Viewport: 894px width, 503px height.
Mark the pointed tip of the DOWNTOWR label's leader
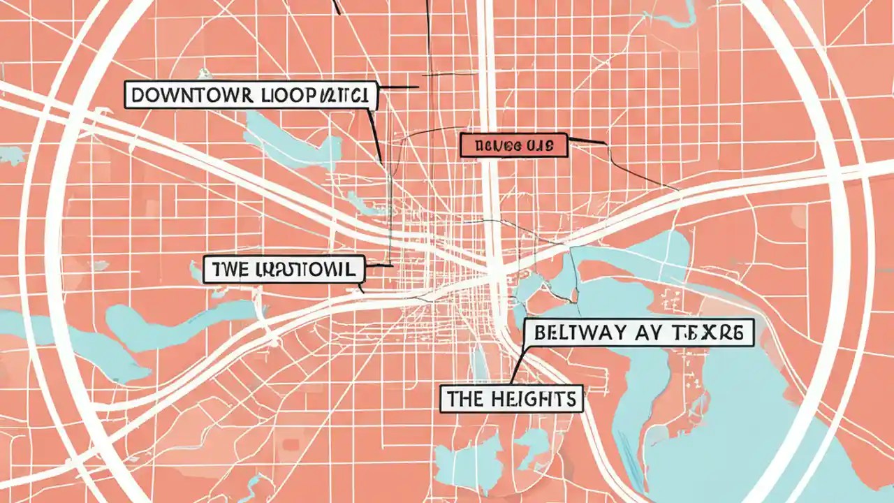[x=381, y=163]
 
